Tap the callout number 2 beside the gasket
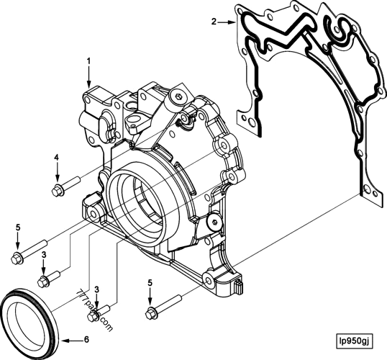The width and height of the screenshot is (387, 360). click(214, 22)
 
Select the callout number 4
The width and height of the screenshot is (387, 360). click(56, 157)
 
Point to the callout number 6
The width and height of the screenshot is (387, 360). click(86, 338)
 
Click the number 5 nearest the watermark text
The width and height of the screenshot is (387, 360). click(150, 282)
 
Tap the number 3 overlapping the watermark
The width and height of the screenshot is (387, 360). click(97, 289)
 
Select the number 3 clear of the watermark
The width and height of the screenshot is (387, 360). click(44, 254)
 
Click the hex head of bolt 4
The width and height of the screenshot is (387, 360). click(57, 190)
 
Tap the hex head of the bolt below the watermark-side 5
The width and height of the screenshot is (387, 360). click(150, 312)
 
